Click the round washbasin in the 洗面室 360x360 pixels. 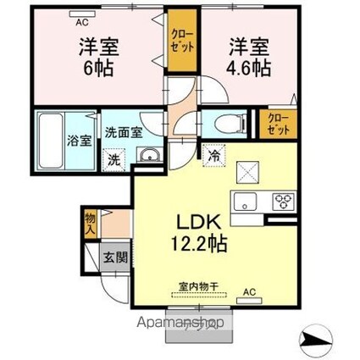tap(149, 156)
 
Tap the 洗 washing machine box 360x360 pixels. tap(114, 158)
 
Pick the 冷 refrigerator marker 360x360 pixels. tap(213, 155)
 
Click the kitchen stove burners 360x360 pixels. tap(281, 202)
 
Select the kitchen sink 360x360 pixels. tap(247, 202)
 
